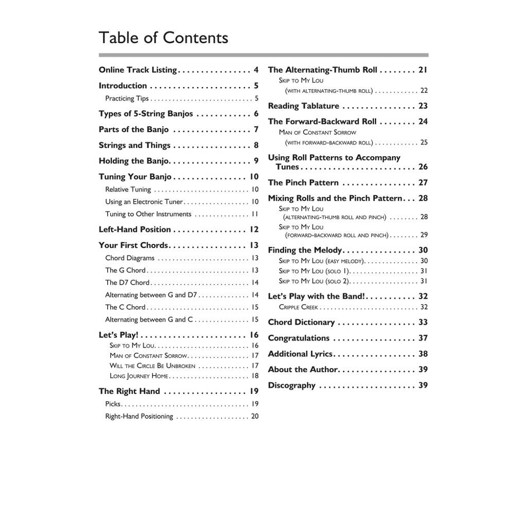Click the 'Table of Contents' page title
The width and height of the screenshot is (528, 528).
pos(163,38)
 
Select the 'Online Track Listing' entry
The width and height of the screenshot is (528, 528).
pos(138,70)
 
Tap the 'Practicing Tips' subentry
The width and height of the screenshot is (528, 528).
pos(127,98)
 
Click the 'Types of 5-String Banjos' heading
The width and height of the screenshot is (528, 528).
pos(146,114)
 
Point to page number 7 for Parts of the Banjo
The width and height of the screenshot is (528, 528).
pos(256,129)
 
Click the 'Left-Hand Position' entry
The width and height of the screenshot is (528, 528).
pos(135,229)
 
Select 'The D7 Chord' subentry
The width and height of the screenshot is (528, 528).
pos(127,282)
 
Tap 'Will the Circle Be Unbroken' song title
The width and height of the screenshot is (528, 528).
pos(153,365)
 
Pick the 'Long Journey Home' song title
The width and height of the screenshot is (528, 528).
pos(139,376)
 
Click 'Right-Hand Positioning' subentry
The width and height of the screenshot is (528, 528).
pos(139,416)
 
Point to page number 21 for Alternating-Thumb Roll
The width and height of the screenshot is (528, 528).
pos(422,70)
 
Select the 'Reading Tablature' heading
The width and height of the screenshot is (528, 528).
pos(304,106)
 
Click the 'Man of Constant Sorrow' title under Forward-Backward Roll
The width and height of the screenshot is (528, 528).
pos(317,132)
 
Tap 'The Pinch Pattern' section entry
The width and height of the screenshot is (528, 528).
pos(303,183)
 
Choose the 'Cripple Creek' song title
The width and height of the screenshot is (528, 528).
pos(298,307)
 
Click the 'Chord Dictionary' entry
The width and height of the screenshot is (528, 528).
pos(301,322)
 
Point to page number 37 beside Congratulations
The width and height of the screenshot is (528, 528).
pos(422,338)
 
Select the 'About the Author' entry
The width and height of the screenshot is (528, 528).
pos(303,370)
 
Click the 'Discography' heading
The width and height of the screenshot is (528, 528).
pos(291,385)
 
